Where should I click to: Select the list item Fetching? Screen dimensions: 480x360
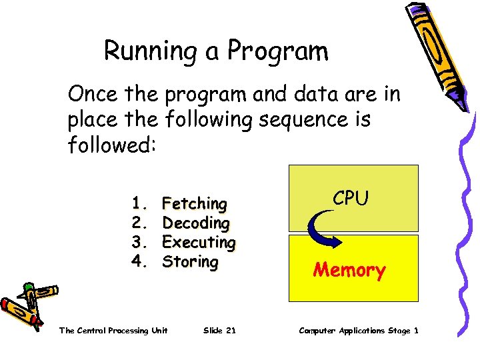click(x=194, y=203)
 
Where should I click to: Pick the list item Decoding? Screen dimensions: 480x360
click(x=195, y=223)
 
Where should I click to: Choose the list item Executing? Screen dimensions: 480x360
click(x=199, y=242)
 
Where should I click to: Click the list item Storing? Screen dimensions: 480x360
click(x=190, y=261)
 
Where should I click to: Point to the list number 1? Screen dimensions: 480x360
click(x=138, y=203)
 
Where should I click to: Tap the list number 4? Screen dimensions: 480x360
click(x=138, y=261)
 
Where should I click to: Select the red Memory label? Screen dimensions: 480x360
click(x=349, y=270)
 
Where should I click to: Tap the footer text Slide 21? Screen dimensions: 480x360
click(x=219, y=331)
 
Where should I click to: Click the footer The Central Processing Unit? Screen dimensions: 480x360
click(x=113, y=331)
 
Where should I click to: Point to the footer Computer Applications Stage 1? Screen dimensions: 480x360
click(x=359, y=331)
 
